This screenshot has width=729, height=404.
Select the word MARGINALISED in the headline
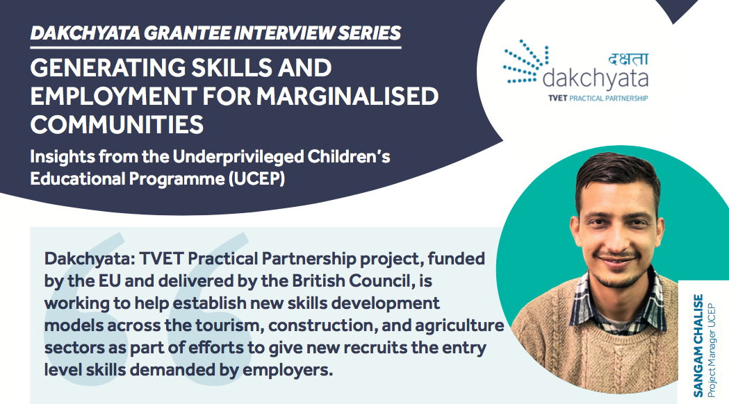coord(347,96)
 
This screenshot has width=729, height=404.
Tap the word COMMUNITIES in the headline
coord(117,124)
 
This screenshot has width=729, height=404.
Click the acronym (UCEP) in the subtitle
coord(256,179)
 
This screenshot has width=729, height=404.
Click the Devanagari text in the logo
coord(628,58)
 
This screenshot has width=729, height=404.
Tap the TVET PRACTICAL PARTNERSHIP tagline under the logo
coord(598,99)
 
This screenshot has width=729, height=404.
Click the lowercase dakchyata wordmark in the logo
coord(595,78)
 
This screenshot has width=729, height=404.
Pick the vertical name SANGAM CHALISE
coord(698,346)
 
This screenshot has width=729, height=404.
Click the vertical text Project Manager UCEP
coord(712,351)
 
